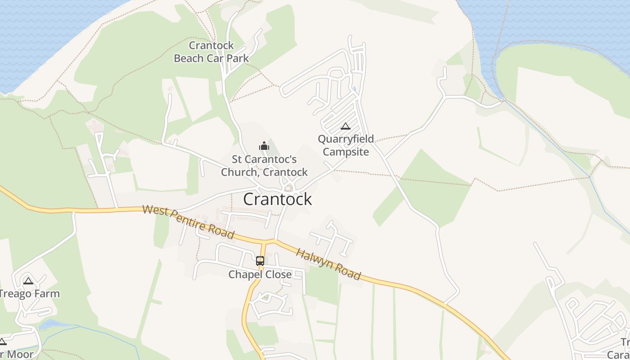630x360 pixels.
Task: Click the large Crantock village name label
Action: point(277,199)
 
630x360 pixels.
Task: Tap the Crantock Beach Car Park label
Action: point(211,52)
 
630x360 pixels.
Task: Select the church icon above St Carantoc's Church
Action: point(264,145)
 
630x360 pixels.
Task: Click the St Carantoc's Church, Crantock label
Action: point(264,166)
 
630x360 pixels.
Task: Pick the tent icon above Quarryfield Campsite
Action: point(345,126)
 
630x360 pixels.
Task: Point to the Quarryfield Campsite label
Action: point(346,145)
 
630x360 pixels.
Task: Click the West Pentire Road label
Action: point(189,221)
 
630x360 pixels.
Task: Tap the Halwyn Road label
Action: point(328,264)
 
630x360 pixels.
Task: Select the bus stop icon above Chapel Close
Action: point(260,261)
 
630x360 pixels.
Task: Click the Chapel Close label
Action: point(260,274)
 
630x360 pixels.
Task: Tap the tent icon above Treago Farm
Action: point(28,281)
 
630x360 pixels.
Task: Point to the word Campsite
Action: point(346,152)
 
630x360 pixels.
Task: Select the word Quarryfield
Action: point(346,139)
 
